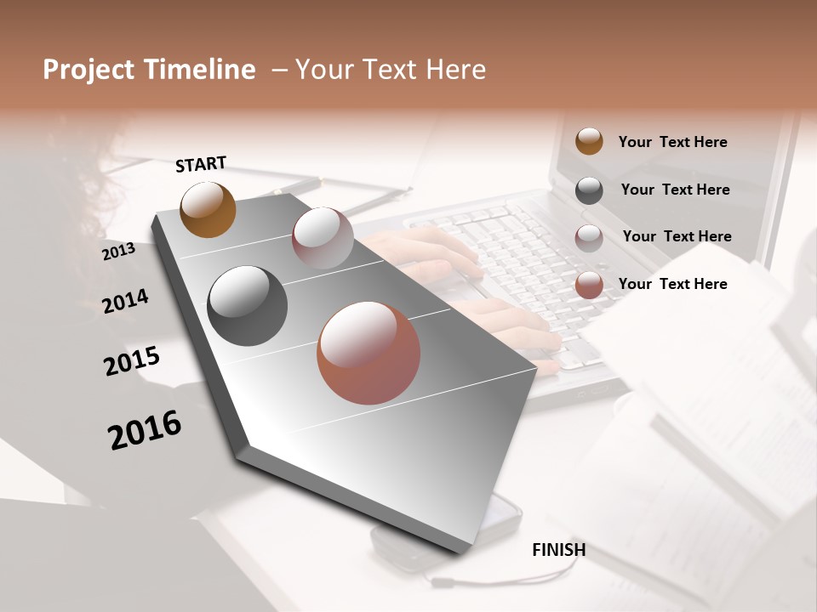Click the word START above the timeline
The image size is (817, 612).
(201, 164)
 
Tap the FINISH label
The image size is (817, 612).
(558, 550)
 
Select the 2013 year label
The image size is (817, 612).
(119, 251)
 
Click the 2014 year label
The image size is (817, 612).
(125, 301)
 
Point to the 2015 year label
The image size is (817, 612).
(132, 361)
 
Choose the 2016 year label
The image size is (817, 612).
(145, 429)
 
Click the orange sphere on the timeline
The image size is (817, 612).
(209, 209)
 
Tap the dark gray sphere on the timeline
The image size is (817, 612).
(247, 306)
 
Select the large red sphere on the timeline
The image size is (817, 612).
(369, 353)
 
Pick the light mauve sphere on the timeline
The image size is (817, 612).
(323, 238)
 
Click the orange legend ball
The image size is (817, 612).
(589, 141)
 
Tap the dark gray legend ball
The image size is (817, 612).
(589, 190)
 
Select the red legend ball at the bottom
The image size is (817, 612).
(589, 285)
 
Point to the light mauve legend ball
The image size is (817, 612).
(589, 238)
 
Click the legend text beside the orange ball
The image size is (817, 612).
(672, 142)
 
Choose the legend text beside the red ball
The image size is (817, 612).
(672, 284)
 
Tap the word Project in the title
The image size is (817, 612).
(89, 71)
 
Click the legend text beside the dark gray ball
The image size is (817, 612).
(675, 190)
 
